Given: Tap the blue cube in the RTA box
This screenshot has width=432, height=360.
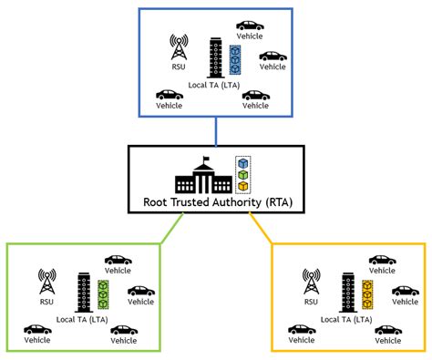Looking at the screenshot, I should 242,161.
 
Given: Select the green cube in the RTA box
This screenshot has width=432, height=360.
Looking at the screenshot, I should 242,174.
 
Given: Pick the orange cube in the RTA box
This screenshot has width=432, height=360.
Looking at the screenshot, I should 242,186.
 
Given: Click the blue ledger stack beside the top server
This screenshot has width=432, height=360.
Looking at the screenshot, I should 234,60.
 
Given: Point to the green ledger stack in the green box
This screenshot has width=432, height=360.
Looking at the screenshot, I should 103,294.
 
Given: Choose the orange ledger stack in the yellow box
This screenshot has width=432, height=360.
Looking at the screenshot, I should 367,294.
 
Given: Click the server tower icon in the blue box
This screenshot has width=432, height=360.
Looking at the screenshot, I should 216,60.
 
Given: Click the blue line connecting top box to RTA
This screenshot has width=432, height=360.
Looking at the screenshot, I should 216,132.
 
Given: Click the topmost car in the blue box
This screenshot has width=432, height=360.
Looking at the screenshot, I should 249,26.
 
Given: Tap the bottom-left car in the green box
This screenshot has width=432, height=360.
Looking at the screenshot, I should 36,329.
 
